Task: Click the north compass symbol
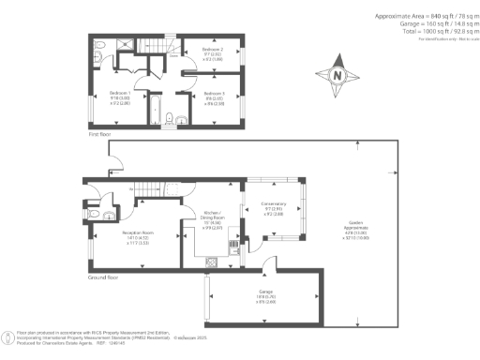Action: click(x=337, y=75)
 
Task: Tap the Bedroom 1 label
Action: click(x=120, y=93)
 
